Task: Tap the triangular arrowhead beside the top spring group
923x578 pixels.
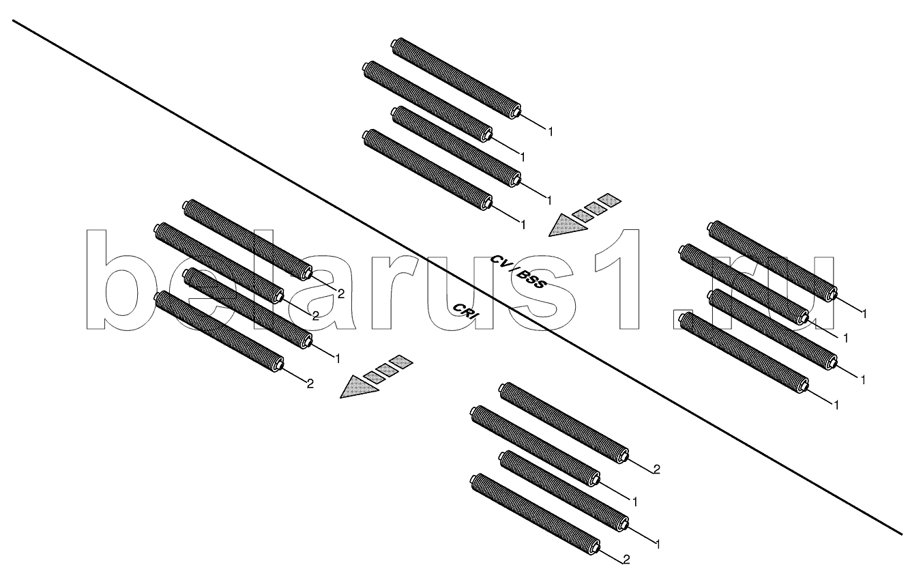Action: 566,225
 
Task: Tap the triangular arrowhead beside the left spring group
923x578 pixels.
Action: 358,387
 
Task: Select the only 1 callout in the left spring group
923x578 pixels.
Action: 336,356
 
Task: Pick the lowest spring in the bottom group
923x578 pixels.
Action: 535,512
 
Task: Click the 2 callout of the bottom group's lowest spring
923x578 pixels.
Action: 626,560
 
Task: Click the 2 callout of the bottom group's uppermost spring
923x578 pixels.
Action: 656,469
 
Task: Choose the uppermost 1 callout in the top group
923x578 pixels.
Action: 550,130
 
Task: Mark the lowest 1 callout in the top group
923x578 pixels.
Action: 523,224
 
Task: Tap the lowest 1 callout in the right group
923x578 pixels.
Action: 835,405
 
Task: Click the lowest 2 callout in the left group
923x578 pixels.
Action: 310,384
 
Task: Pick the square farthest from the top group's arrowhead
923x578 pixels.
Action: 609,201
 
